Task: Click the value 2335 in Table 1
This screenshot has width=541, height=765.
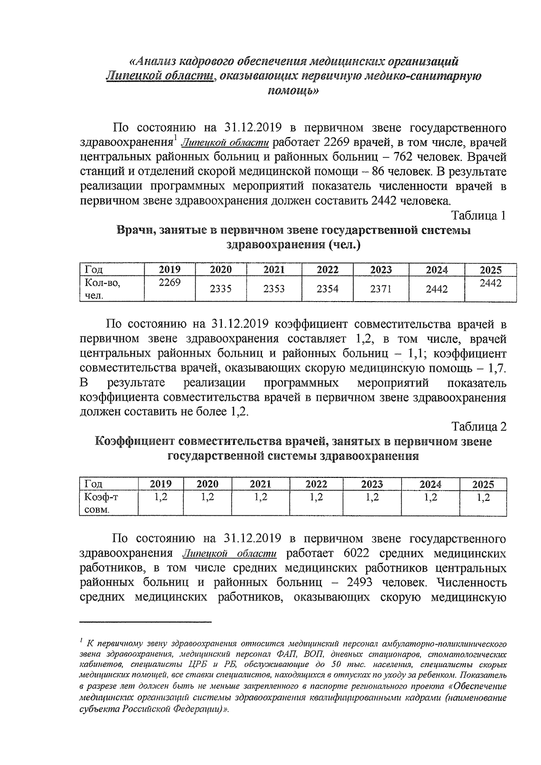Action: (x=221, y=289)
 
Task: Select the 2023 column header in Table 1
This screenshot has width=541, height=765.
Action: (x=381, y=270)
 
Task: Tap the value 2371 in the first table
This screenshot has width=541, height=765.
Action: (x=381, y=289)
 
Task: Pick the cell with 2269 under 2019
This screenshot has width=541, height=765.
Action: (x=170, y=283)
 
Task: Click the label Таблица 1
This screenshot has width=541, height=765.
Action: (x=479, y=215)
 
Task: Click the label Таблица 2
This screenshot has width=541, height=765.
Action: (x=479, y=426)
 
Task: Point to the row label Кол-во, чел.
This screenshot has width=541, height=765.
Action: (x=100, y=289)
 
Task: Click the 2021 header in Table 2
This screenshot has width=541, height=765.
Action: (x=261, y=484)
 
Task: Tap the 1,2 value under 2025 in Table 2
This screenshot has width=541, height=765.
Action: (x=483, y=497)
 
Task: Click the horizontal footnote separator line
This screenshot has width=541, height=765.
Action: (x=145, y=623)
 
